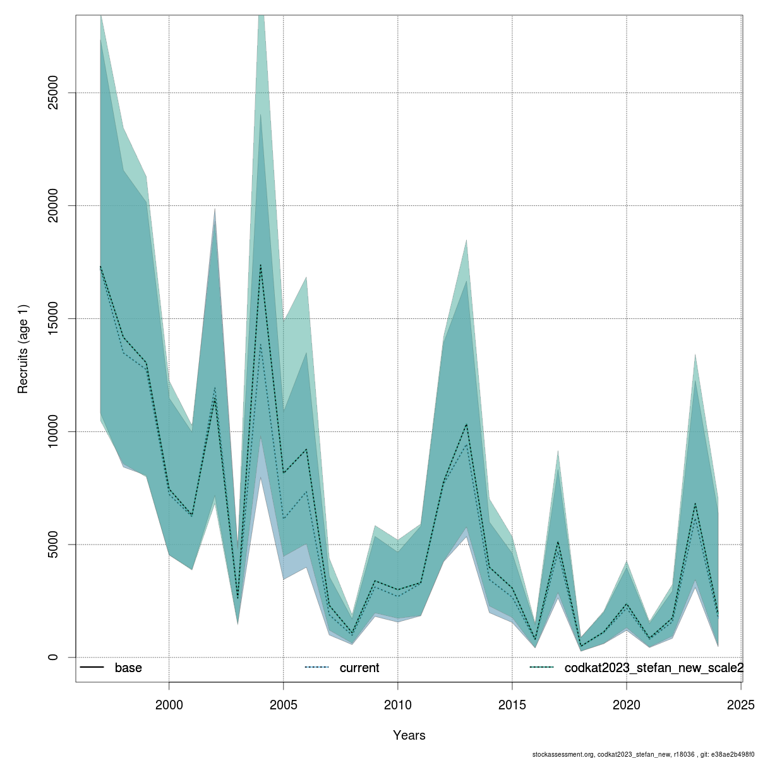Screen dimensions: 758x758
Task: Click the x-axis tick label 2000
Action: coord(169,704)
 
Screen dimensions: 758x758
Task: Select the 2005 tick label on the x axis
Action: coord(283,704)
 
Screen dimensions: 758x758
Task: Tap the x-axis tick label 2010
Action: coord(397,704)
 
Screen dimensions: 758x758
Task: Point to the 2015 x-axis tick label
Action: coord(512,704)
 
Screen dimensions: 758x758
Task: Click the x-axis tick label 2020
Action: coord(626,704)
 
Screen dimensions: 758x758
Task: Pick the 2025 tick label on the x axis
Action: coord(740,704)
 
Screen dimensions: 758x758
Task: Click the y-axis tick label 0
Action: coord(54,657)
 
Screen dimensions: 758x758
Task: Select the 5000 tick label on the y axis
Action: coord(54,544)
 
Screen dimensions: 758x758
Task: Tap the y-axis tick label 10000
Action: coord(54,431)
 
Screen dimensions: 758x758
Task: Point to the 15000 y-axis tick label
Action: coord(54,318)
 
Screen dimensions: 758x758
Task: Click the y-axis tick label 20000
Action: coord(54,206)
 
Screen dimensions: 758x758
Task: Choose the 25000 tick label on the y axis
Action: coord(54,93)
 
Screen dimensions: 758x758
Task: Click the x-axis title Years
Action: coord(409,735)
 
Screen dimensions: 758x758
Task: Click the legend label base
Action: coord(128,668)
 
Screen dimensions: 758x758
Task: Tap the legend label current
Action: coord(359,668)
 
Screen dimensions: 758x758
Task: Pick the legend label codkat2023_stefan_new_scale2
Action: coord(654,668)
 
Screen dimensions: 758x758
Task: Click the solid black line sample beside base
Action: coord(92,668)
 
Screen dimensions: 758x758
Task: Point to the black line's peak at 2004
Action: coord(260,265)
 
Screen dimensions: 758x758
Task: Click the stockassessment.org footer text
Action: coord(644,754)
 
